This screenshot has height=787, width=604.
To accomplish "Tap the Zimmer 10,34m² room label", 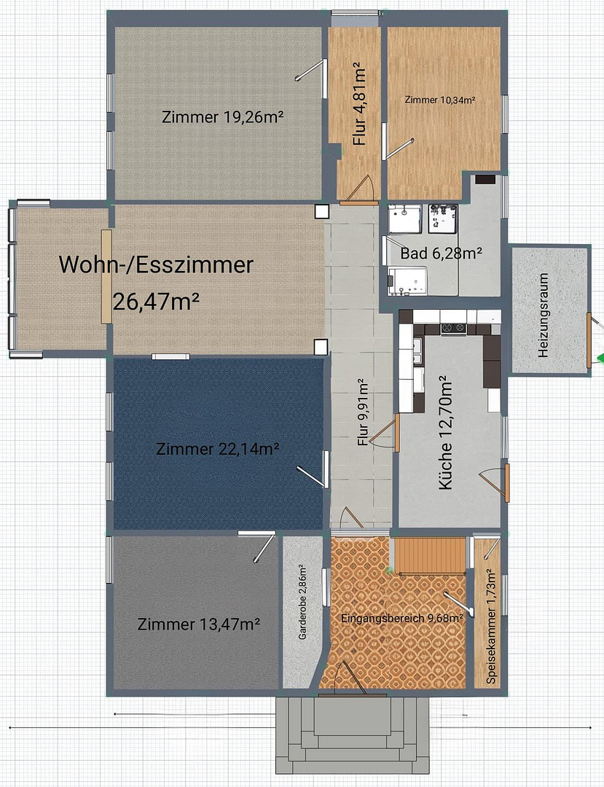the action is pos(440,100).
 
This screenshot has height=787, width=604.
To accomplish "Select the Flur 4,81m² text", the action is pos(360,104).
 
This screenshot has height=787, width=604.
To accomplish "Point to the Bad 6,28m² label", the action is pos(441,253).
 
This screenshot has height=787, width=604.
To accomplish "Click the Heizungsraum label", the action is pos(543,315).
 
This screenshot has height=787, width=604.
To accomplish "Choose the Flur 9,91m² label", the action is pos(364,413).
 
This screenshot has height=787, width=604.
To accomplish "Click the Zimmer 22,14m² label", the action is pos(218,449).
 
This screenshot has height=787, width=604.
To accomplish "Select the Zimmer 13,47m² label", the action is pos(199,624).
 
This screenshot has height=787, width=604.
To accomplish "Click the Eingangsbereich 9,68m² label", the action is pos(402,619).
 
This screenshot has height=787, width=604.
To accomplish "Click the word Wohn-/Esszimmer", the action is pos(156,265).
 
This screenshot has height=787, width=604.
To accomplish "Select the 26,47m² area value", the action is pos(156,302).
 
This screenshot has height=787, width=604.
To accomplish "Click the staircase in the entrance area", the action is pos(430,555).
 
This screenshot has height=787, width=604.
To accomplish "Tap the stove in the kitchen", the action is pos(453,329).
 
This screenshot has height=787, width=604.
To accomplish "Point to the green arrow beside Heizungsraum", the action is pos(600,358).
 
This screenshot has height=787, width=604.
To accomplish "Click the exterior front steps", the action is pos(353,735).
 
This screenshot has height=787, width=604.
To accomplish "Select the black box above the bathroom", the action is pos(485,179).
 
